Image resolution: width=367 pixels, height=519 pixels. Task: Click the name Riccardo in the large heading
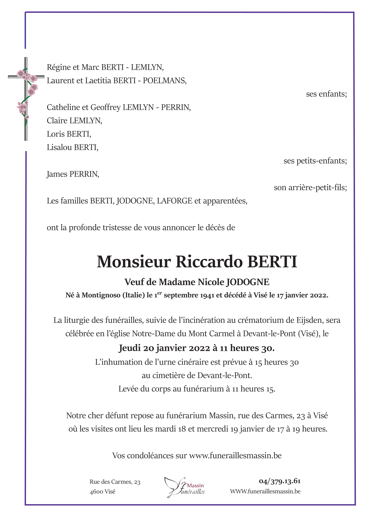(x=209, y=262)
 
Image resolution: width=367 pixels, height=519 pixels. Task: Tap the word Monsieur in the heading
(x=133, y=262)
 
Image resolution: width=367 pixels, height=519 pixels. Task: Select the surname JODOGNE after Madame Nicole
(x=247, y=282)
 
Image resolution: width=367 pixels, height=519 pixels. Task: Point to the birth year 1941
(x=207, y=296)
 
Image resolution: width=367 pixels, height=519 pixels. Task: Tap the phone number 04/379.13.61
(x=280, y=481)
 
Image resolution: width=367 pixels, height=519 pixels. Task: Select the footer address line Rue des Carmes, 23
(x=115, y=482)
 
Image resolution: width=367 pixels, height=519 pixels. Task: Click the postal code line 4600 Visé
(x=103, y=492)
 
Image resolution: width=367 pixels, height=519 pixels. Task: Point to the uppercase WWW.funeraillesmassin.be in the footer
(x=265, y=492)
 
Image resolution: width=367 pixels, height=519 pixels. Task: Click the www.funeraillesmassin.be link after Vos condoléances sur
(x=235, y=456)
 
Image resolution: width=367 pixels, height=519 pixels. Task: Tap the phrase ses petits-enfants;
(x=315, y=161)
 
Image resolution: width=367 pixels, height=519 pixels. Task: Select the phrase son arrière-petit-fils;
(x=310, y=188)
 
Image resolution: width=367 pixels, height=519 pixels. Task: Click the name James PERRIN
(x=73, y=174)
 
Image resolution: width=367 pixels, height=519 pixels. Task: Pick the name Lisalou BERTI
(x=72, y=147)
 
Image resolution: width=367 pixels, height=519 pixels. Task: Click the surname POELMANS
(x=165, y=80)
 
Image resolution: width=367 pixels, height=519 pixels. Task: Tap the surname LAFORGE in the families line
(x=174, y=201)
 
